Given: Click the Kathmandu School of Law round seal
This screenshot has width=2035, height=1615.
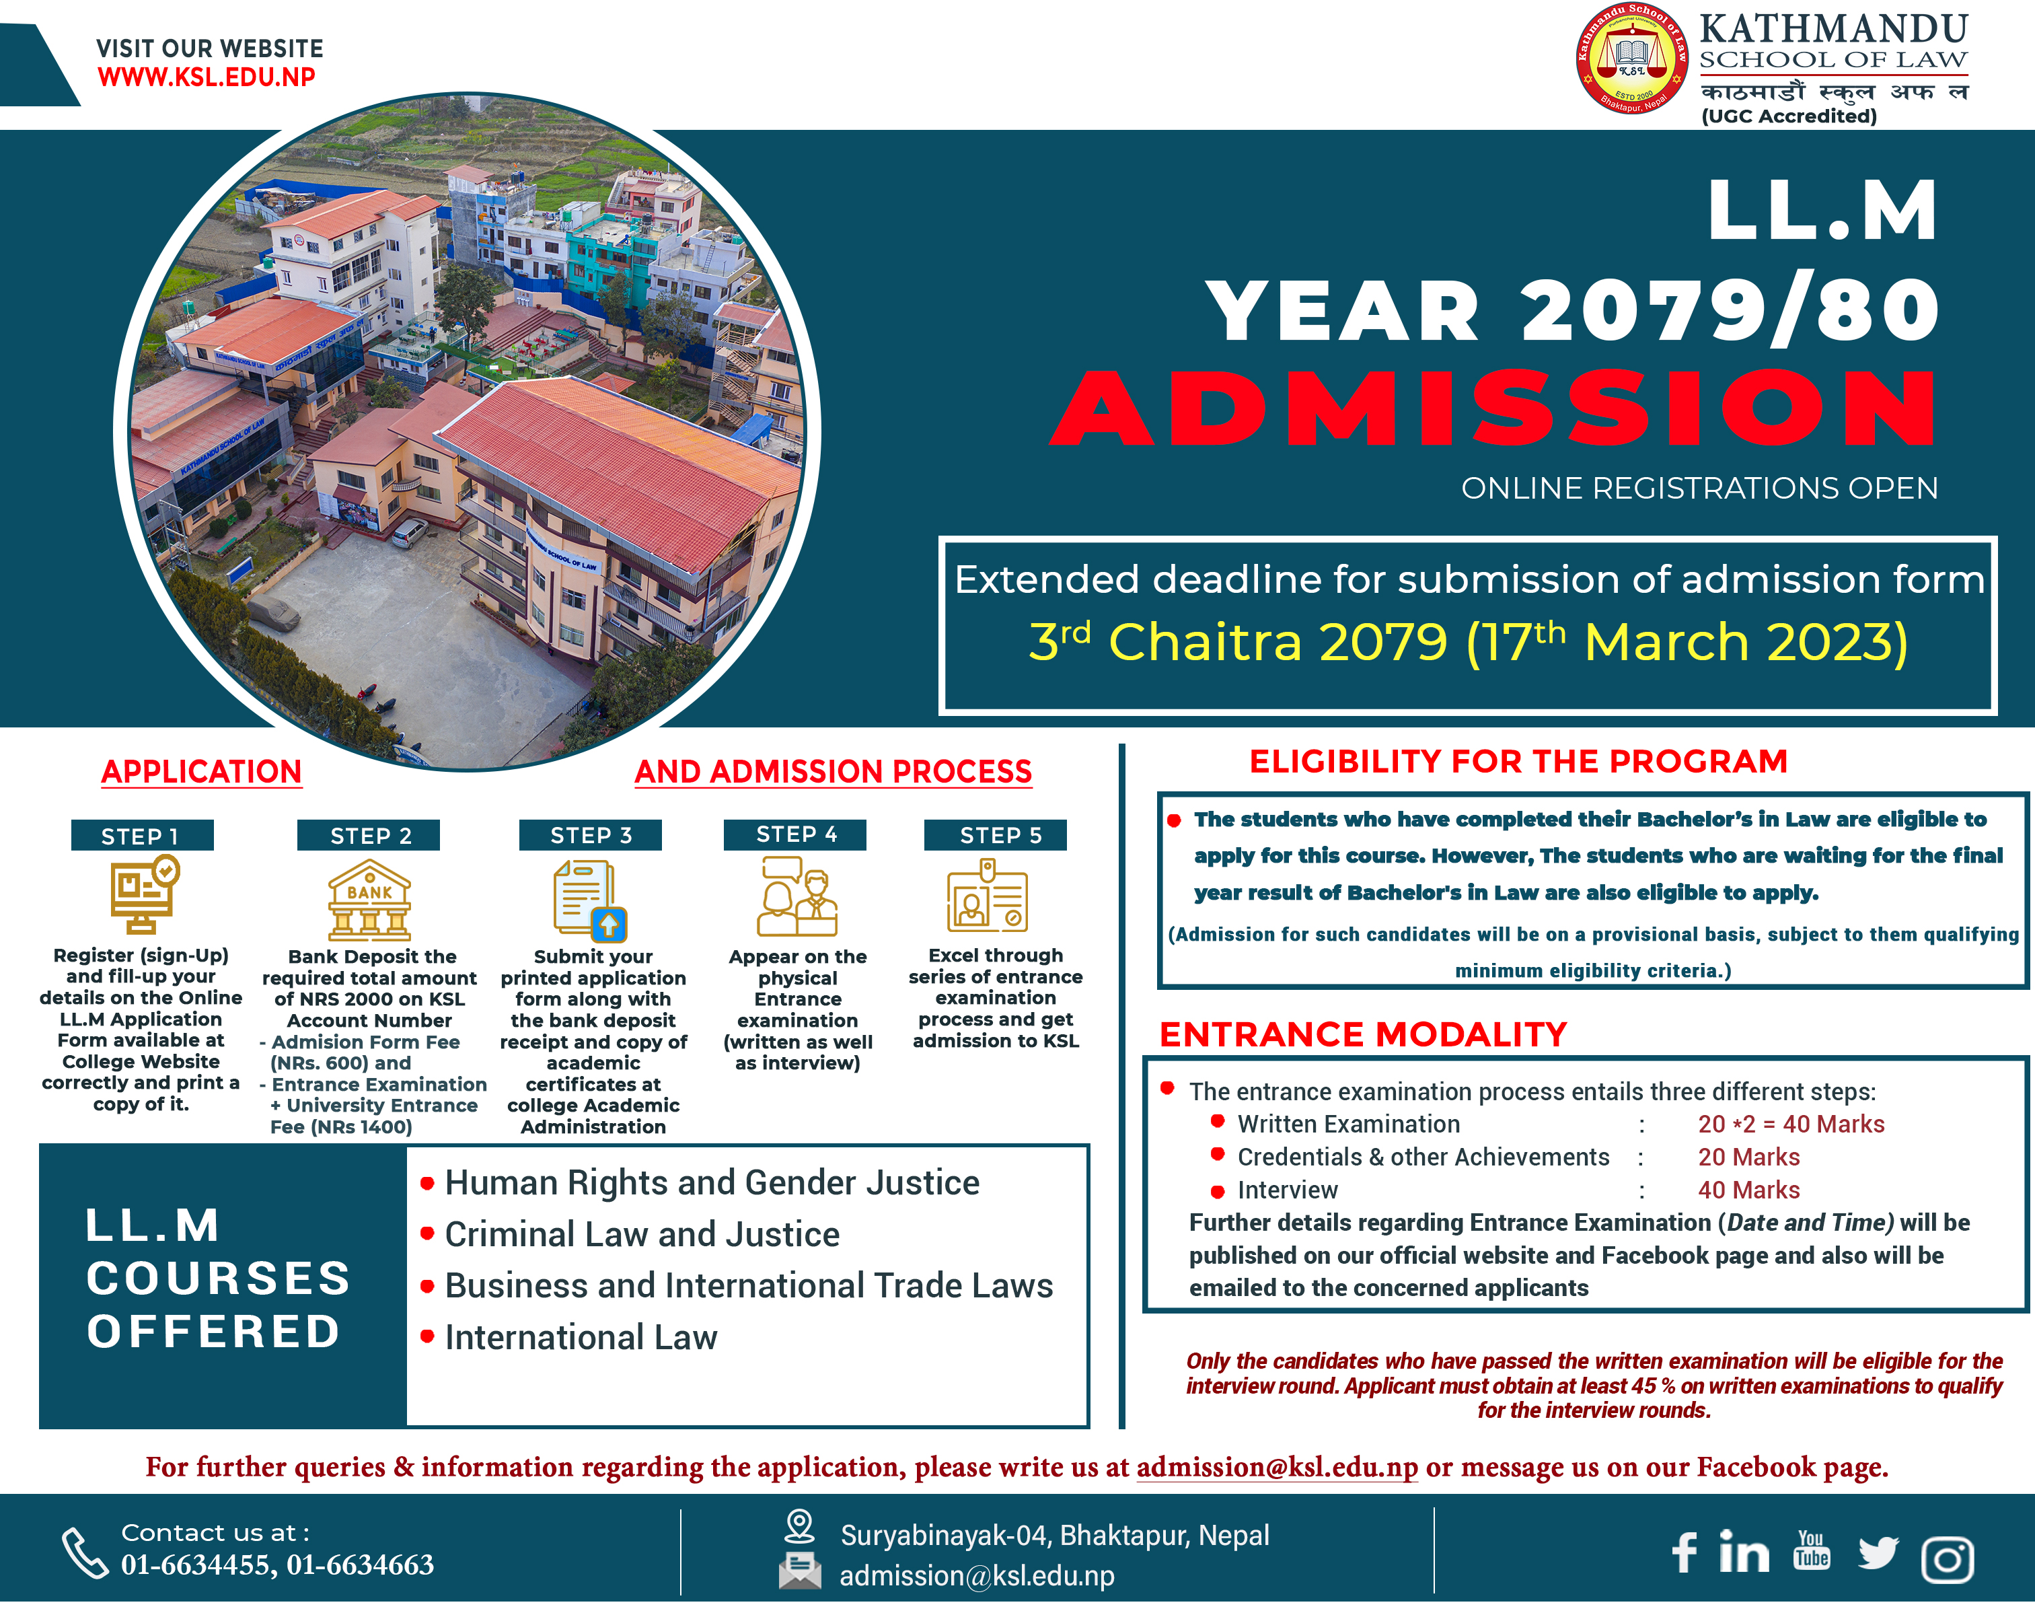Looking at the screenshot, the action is (1632, 59).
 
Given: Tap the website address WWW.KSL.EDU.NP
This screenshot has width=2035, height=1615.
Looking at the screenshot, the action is (207, 77).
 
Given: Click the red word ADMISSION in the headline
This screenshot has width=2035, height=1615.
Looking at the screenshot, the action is (1494, 408).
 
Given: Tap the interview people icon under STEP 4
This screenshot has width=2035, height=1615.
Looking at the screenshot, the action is (798, 897).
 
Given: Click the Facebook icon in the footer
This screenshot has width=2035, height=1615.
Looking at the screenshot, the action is (1685, 1552).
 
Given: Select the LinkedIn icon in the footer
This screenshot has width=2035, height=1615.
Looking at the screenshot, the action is (1743, 1552).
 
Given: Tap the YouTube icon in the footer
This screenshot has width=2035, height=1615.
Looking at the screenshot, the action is (1811, 1551).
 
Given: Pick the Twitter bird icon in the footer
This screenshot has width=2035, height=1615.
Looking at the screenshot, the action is (1878, 1552).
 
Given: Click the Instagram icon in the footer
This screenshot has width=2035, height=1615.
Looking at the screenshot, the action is (1948, 1559).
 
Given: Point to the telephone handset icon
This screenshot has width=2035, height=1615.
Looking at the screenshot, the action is (85, 1552).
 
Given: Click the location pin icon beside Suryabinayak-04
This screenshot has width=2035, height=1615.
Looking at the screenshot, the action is (799, 1526).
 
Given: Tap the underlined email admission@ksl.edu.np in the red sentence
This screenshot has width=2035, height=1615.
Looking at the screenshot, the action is (1277, 1468).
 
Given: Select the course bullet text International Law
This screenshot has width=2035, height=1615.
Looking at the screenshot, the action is (581, 1338).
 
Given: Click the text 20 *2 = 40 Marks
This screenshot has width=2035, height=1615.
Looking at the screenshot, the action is (1791, 1124).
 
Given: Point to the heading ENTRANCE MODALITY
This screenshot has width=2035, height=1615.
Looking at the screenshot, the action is (1363, 1034).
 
